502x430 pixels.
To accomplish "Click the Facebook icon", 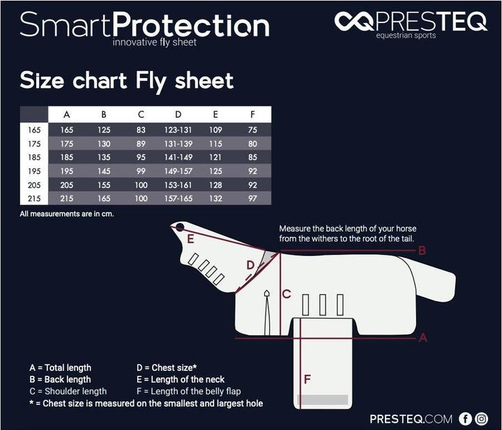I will (466, 419).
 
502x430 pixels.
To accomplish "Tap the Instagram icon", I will (482, 419).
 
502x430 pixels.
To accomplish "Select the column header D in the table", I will (178, 114).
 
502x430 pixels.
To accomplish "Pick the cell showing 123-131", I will (178, 130).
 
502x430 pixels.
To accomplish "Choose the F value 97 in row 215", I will (252, 199).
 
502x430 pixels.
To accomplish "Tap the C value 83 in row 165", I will (141, 130).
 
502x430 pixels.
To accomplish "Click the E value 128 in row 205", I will (215, 185).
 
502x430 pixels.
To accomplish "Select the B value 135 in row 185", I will (103, 158).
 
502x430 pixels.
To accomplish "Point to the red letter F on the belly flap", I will (307, 379).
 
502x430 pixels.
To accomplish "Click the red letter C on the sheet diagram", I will (286, 294).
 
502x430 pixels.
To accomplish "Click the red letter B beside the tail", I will (422, 250).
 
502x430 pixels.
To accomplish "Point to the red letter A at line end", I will (422, 338).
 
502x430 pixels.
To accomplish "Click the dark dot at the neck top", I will (180, 227).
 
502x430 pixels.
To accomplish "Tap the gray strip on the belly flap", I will (322, 400).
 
